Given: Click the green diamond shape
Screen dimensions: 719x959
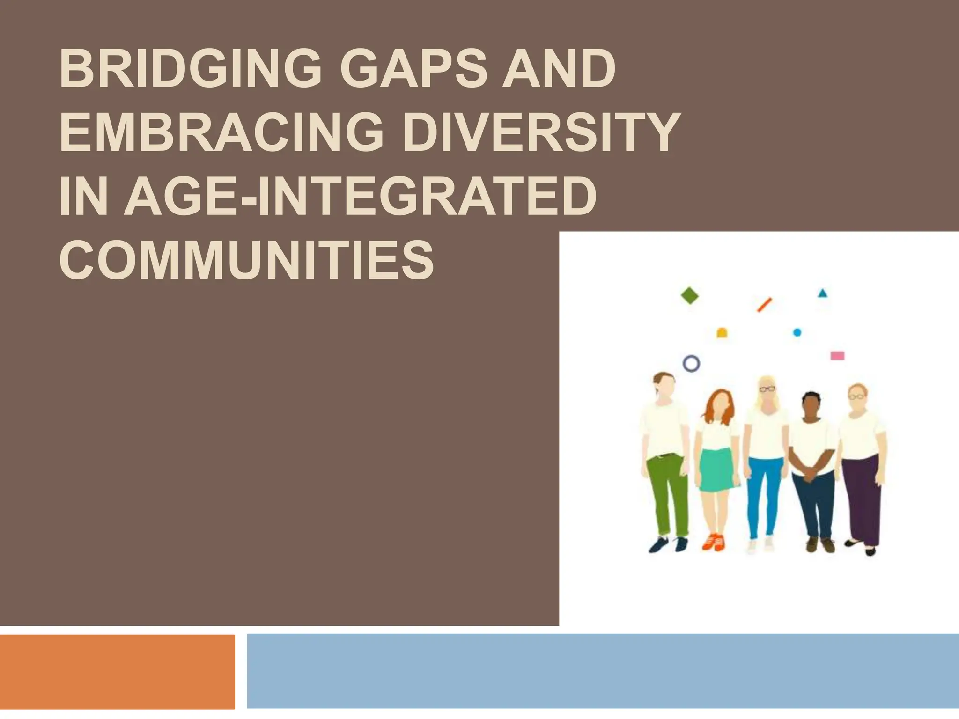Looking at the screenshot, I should click(x=689, y=296).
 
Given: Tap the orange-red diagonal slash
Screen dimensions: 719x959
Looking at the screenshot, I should click(x=764, y=305).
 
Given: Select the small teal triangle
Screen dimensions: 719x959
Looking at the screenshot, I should click(x=822, y=293).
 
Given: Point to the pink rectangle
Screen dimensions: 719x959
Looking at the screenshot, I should click(x=837, y=356).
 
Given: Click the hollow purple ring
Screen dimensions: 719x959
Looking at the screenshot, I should click(x=692, y=363).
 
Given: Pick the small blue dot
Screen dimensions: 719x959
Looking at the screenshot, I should click(x=797, y=332).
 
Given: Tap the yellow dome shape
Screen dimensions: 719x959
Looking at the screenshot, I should click(x=722, y=333).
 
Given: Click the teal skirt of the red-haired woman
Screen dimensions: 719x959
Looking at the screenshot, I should click(x=716, y=470).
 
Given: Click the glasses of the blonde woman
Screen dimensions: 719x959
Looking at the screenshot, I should click(x=767, y=389).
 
